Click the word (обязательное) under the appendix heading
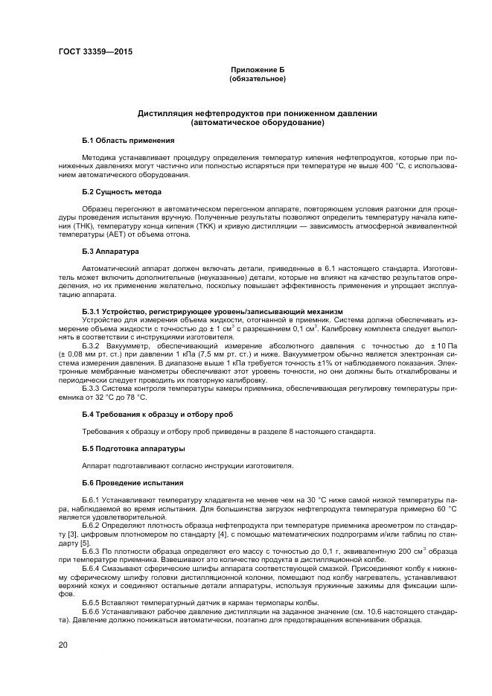(257, 77)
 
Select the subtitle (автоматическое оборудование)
(257, 122)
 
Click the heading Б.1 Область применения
(128, 140)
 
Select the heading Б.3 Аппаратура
(111, 252)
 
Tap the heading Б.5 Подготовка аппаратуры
(134, 449)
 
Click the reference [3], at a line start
(66, 534)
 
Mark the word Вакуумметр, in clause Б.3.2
(130, 347)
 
